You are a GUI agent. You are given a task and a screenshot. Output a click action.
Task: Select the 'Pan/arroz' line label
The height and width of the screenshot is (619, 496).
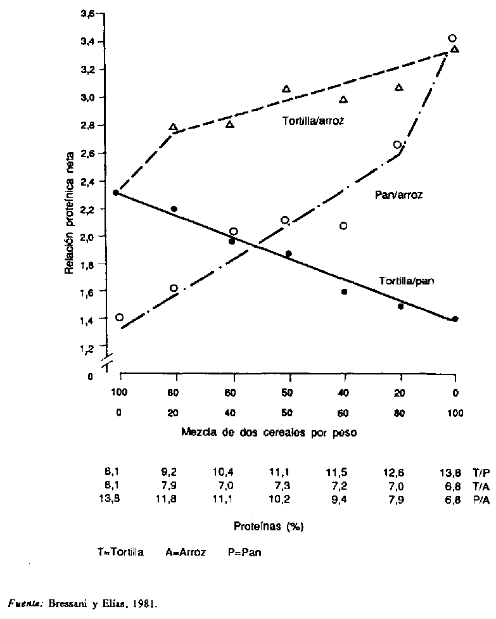tap(398, 196)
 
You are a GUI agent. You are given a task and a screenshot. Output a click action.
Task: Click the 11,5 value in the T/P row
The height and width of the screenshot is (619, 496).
tap(343, 473)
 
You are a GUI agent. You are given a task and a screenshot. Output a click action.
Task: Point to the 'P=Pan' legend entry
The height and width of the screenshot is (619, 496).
tap(245, 552)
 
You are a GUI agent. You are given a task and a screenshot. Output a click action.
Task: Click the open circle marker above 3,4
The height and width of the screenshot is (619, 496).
tap(452, 38)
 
